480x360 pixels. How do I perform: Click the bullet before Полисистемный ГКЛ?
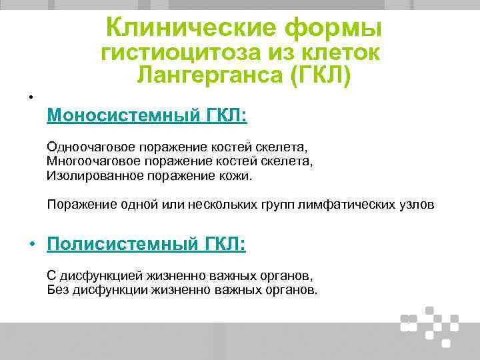[x=31, y=246]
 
